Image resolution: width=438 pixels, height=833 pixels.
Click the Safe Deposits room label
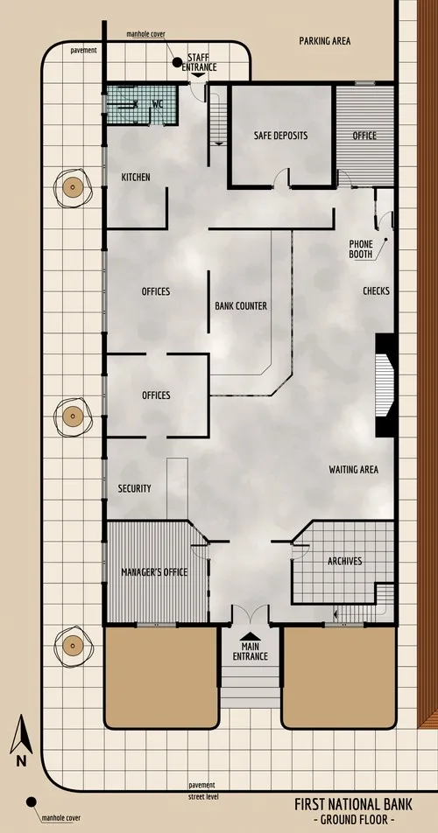[280, 136]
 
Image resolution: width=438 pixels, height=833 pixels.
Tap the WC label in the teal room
[158, 104]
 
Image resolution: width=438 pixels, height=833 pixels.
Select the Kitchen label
[136, 178]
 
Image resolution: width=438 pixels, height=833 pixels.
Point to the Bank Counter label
[241, 306]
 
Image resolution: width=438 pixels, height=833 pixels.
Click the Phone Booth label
[362, 248]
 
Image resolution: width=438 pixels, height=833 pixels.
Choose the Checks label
[376, 290]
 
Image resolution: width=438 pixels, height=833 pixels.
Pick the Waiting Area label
[353, 470]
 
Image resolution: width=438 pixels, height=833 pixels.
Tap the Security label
[135, 488]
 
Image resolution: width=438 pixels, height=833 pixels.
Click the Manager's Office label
[154, 572]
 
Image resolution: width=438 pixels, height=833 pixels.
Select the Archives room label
[344, 561]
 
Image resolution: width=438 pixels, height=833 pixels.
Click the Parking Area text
[325, 40]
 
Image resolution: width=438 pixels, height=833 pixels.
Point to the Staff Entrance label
[199, 61]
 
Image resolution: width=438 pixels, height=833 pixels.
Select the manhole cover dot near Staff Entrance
[177, 62]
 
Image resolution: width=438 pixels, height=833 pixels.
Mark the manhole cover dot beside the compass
[32, 801]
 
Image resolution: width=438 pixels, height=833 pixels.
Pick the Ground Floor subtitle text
[356, 820]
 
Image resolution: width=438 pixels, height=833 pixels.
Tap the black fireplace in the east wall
[385, 385]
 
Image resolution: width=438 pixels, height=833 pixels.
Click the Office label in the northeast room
[364, 136]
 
